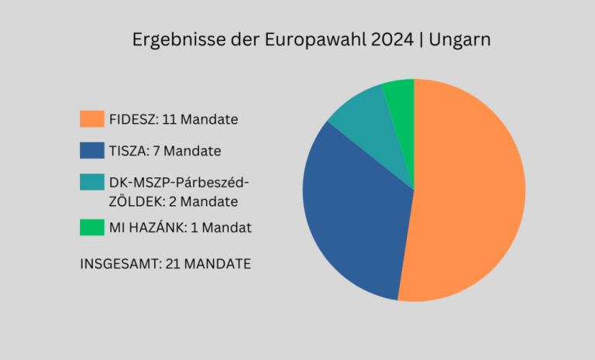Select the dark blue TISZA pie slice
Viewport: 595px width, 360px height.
(353, 217)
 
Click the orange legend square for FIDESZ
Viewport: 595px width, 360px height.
(91, 119)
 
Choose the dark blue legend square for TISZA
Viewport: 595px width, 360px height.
(91, 150)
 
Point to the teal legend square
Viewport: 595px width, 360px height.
(91, 182)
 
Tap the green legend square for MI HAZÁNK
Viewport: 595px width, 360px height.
(91, 228)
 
